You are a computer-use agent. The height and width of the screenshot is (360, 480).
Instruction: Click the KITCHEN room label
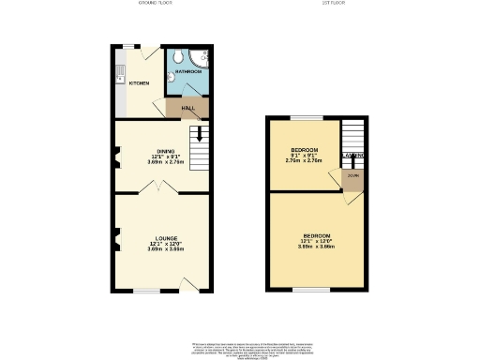point(139,83)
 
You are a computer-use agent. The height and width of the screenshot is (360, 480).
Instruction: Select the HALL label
point(187,108)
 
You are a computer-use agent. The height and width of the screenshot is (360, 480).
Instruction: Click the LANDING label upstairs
point(352,155)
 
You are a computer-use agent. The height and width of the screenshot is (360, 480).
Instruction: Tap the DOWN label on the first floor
point(352,175)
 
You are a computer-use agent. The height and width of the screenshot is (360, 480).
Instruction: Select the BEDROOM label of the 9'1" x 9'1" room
point(303,151)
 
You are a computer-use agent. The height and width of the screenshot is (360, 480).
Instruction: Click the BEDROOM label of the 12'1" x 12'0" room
point(316,235)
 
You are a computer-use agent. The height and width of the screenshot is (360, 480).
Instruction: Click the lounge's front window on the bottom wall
point(146,292)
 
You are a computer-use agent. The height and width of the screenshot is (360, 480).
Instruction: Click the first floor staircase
point(352,135)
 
